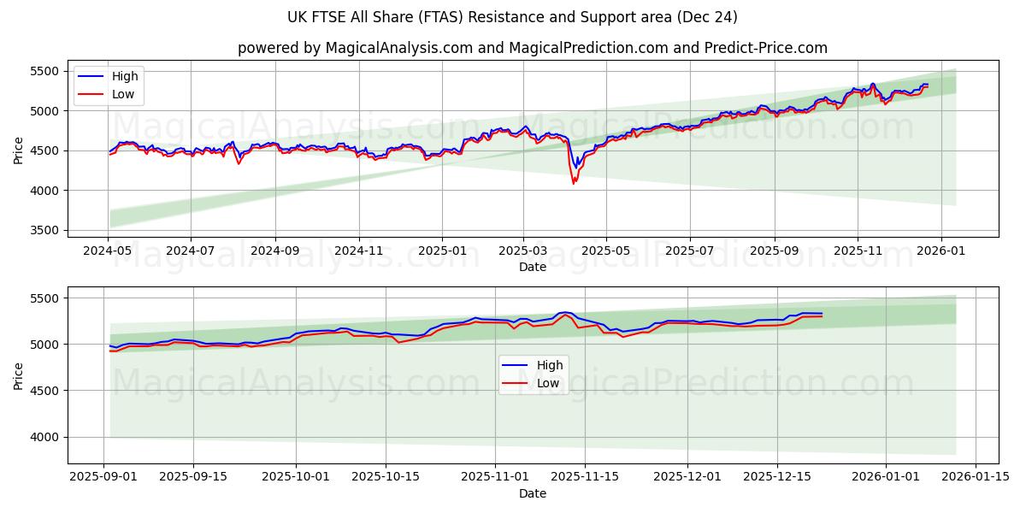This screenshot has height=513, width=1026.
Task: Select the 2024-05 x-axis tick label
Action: (x=108, y=252)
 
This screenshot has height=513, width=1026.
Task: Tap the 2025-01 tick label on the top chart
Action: (x=442, y=252)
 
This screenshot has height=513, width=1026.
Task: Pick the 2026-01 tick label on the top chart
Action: (x=941, y=252)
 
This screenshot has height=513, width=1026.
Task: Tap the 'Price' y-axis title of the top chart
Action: (x=19, y=151)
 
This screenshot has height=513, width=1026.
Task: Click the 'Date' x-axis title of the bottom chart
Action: (x=532, y=493)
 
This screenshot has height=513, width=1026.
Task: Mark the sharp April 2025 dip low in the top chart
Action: (x=574, y=184)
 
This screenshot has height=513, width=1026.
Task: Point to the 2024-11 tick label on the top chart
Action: (x=358, y=252)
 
